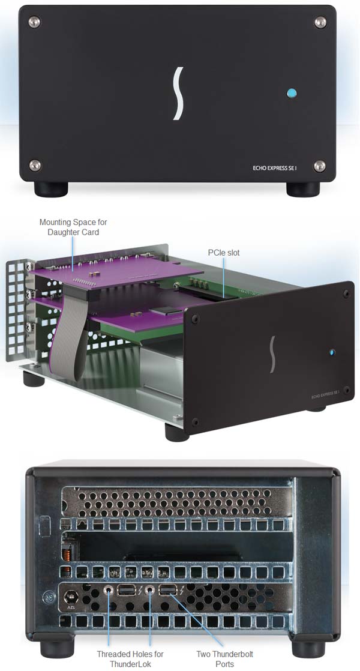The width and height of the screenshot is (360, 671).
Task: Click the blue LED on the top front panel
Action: (x=292, y=93)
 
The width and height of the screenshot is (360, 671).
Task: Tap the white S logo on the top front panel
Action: (x=178, y=93)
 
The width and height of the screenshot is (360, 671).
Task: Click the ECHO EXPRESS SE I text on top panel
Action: (x=274, y=168)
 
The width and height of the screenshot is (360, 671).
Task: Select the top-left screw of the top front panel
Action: (x=34, y=21)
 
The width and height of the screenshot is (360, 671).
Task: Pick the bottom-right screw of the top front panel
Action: (x=319, y=166)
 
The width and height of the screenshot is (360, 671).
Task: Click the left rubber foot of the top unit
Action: (x=51, y=189)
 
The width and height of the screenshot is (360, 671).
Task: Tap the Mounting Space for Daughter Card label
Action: (x=73, y=227)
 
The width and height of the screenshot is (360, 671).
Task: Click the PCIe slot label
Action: (x=224, y=253)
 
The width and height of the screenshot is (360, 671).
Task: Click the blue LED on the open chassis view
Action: (x=332, y=353)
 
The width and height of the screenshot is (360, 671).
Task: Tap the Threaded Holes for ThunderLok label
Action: (x=130, y=659)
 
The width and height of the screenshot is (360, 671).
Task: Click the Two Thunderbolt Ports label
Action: (x=224, y=659)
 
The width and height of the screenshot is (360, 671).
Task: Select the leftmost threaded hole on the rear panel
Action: (x=109, y=591)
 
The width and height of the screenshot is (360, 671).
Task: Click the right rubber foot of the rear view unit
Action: (x=308, y=648)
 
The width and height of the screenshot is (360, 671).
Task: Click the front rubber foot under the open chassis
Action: (x=177, y=432)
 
